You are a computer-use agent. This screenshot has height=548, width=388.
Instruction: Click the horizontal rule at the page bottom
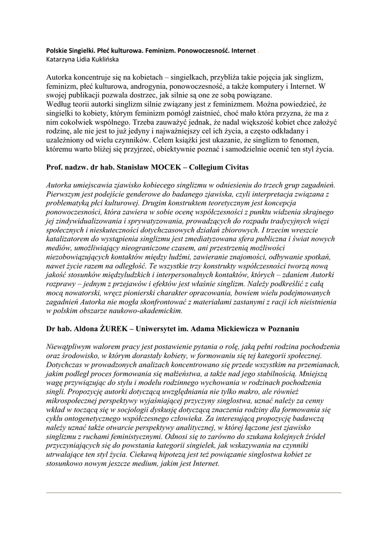tap(194, 492)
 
